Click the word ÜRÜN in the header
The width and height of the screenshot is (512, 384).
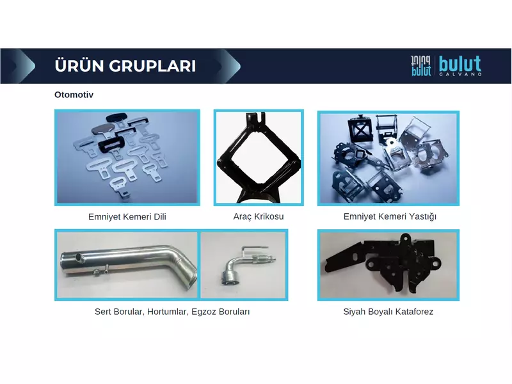coord(78,65)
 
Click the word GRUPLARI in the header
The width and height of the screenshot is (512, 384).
coord(152,66)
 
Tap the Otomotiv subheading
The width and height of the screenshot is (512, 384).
coord(74,95)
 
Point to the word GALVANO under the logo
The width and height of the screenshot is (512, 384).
coord(460,74)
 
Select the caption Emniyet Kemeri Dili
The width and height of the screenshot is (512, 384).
coord(127,217)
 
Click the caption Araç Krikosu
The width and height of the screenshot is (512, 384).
coord(259,216)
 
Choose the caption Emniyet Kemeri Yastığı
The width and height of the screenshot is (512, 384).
coord(390,216)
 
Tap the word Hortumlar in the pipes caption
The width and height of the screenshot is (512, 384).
coord(168,312)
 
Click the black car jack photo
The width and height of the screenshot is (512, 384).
coord(259,157)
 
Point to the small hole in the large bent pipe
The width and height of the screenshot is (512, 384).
coord(79,258)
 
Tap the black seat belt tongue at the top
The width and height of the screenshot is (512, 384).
coord(116,118)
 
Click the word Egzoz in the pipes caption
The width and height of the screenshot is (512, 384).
coord(204,312)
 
